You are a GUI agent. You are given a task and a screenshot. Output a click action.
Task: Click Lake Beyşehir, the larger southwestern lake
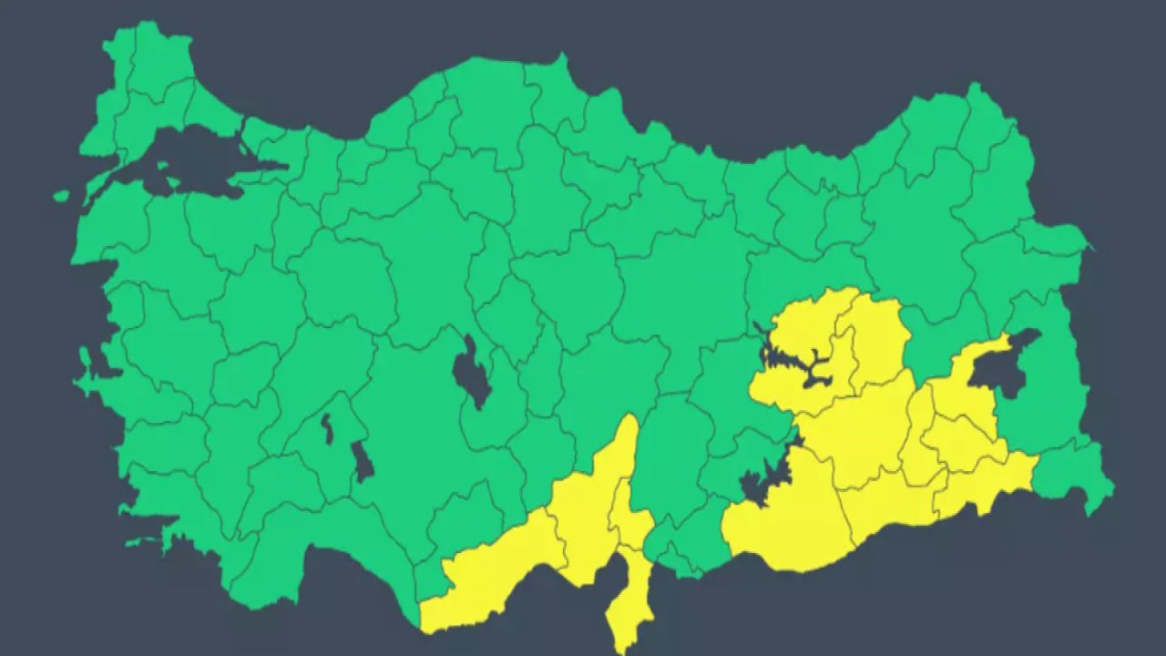click(363, 461)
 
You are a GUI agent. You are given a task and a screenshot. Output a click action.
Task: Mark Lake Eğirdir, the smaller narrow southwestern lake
click(326, 428)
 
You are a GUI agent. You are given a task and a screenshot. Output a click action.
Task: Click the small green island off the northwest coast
click(61, 195)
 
